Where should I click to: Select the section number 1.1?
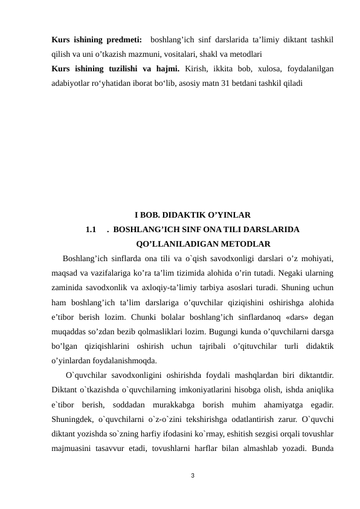pos(92,230)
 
